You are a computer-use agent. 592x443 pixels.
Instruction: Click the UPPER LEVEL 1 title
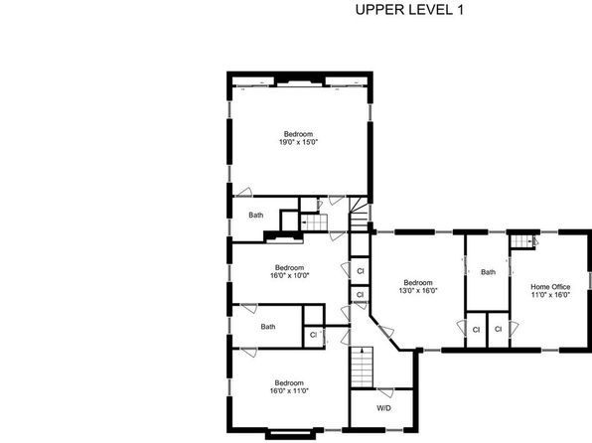pyautogui.click(x=409, y=10)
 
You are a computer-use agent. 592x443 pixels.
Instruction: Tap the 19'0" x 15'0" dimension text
pyautogui.click(x=298, y=142)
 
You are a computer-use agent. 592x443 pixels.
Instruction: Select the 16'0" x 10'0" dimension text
pyautogui.click(x=290, y=275)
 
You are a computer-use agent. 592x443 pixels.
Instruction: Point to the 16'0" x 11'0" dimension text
pyautogui.click(x=289, y=390)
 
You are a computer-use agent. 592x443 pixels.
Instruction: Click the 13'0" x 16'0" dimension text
pyautogui.click(x=418, y=290)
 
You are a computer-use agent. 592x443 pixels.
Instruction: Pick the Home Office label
pyautogui.click(x=550, y=287)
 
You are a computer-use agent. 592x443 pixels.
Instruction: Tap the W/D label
pyautogui.click(x=383, y=408)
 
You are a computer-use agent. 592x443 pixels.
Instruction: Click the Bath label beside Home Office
pyautogui.click(x=488, y=272)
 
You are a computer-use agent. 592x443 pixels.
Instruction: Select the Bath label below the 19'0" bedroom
pyautogui.click(x=256, y=215)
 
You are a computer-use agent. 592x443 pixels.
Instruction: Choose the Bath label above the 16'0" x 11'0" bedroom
pyautogui.click(x=268, y=327)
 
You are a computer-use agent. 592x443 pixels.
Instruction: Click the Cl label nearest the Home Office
pyautogui.click(x=498, y=330)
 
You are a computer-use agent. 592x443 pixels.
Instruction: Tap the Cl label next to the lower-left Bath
pyautogui.click(x=313, y=335)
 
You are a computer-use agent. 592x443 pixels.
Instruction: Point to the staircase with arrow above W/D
pyautogui.click(x=363, y=368)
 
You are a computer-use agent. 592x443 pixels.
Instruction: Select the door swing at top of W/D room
pyautogui.click(x=385, y=392)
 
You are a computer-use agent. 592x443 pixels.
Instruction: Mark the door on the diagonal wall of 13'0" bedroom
pyautogui.click(x=386, y=331)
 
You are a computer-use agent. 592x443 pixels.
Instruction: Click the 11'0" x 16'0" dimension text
pyautogui.click(x=550, y=295)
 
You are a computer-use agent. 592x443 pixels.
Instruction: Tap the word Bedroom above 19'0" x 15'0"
pyautogui.click(x=298, y=134)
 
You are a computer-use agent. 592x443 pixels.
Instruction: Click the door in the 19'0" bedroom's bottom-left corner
pyautogui.click(x=244, y=192)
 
